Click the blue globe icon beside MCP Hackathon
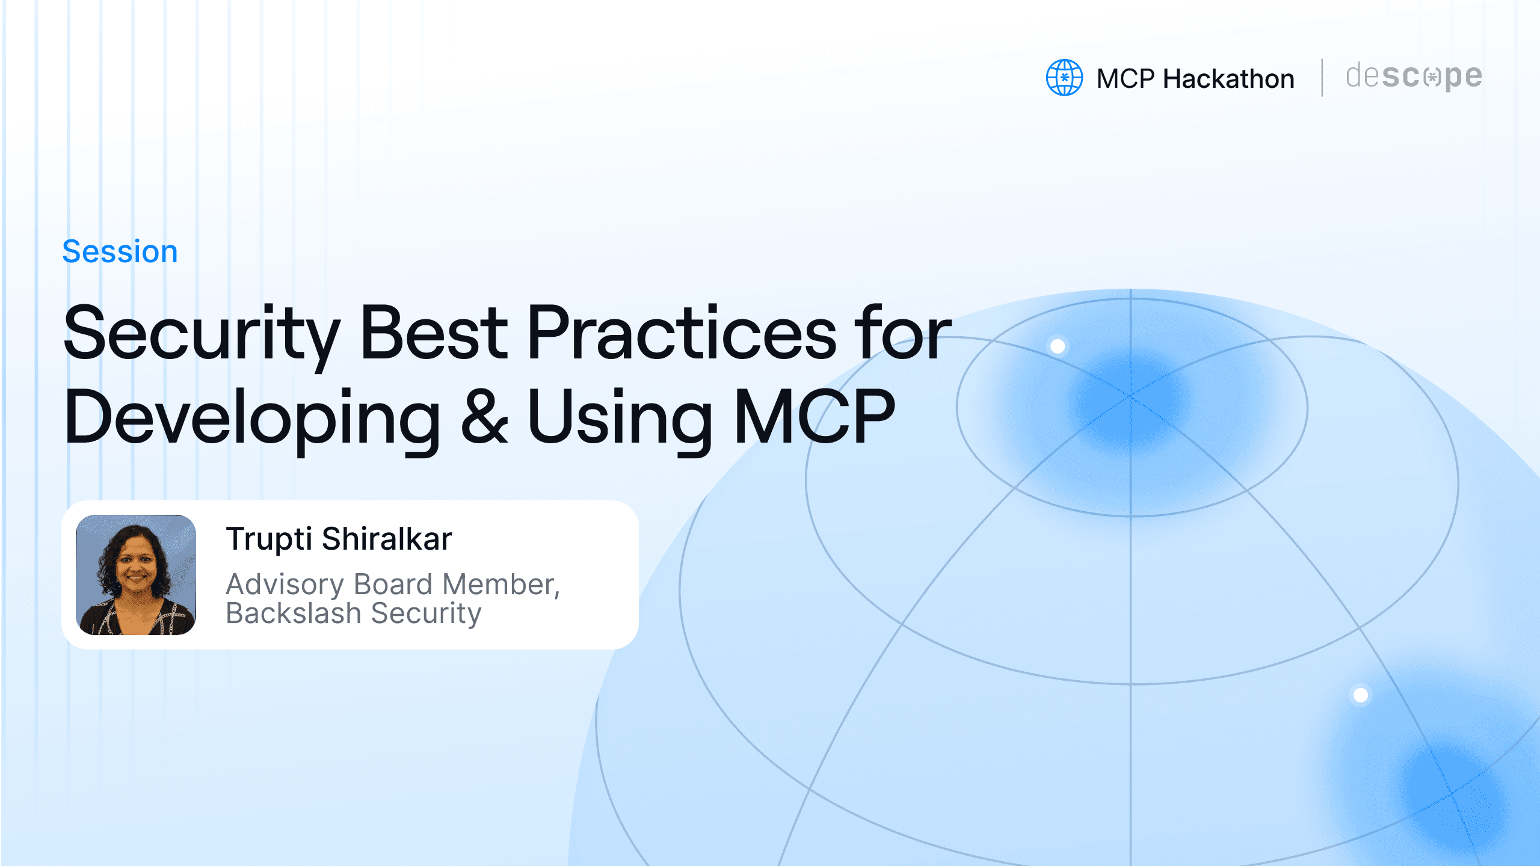click(1064, 78)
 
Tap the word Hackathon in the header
click(1228, 79)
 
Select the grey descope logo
click(1414, 78)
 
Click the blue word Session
click(120, 251)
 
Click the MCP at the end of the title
click(814, 416)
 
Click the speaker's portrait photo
click(136, 575)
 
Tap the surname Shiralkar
click(387, 538)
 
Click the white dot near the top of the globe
click(1058, 346)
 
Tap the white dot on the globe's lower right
click(1361, 695)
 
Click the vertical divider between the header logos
click(1322, 78)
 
